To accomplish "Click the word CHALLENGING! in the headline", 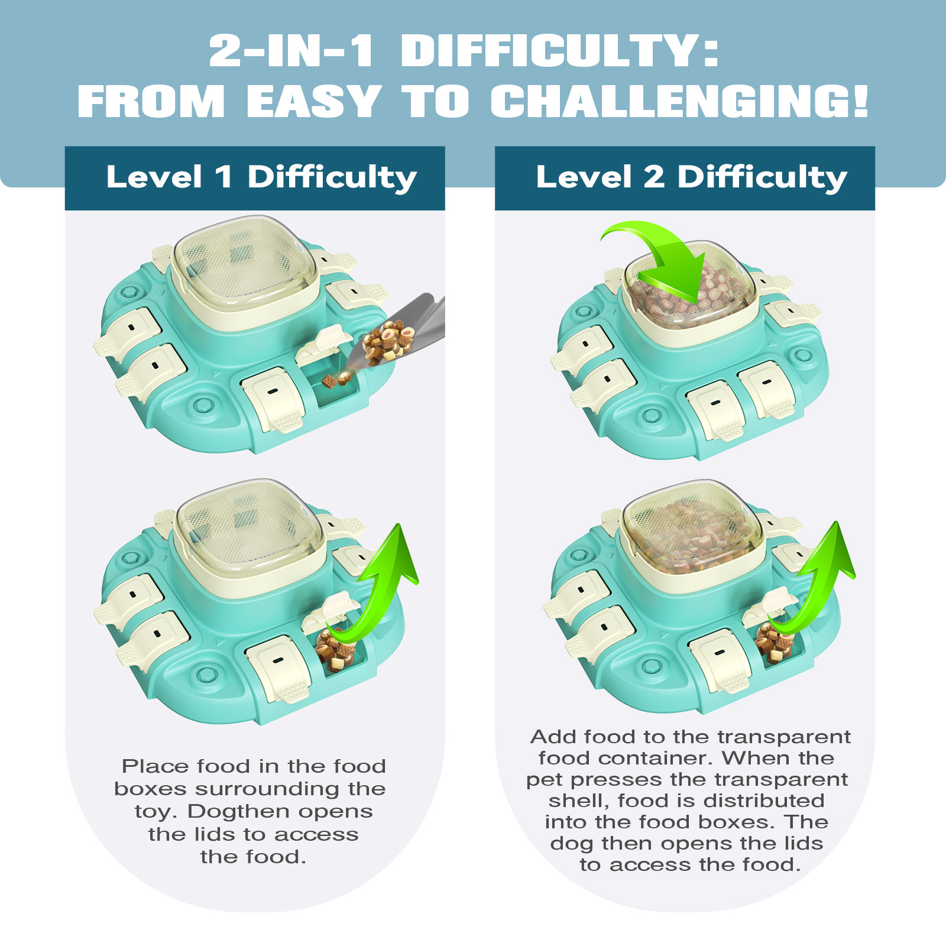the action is tap(679, 101).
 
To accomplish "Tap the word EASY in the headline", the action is tap(314, 101).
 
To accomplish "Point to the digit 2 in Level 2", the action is tap(653, 177).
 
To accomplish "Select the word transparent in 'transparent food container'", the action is tap(784, 737).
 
